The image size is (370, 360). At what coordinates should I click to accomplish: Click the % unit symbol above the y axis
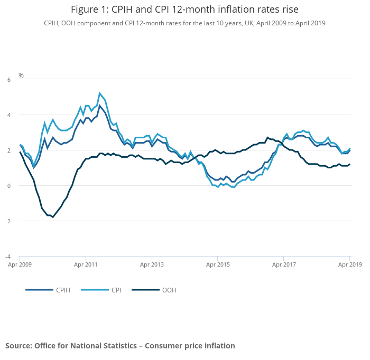[x=21, y=75]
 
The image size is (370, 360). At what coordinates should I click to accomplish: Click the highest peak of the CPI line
[x=99, y=93]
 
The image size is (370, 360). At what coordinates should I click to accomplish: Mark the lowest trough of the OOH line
[x=53, y=217]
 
